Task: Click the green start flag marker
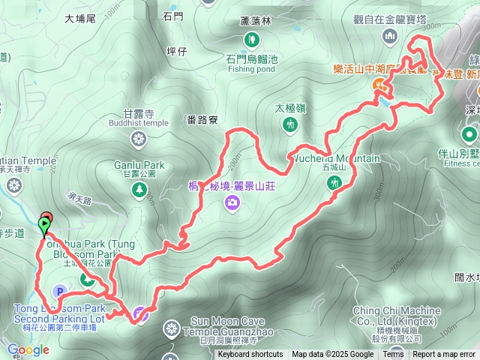(x=45, y=224)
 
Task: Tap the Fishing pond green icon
(x=252, y=38)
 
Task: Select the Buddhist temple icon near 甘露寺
(x=139, y=138)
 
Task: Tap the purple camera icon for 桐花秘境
(x=232, y=201)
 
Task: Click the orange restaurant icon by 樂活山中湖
(x=379, y=85)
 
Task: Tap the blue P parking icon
(x=59, y=291)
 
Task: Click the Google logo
(x=28, y=349)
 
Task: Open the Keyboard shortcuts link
(x=250, y=355)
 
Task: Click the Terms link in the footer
(x=393, y=355)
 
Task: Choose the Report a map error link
(x=444, y=355)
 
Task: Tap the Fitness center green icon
(x=470, y=135)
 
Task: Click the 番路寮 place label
(x=202, y=119)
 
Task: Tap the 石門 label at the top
(x=172, y=15)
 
